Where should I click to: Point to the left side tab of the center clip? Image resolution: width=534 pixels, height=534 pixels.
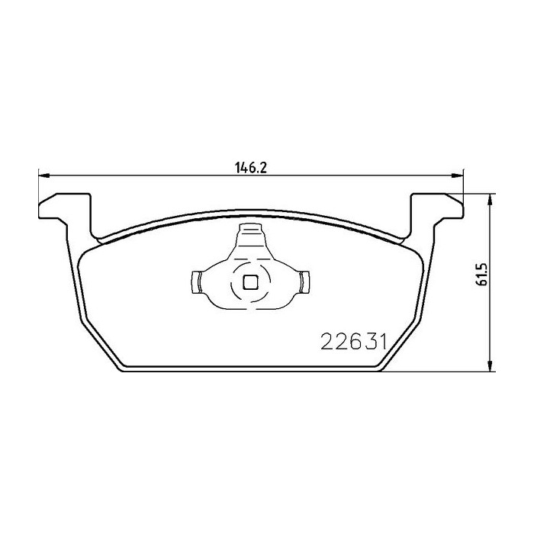click(x=195, y=282)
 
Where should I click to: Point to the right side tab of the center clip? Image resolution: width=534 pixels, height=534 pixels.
click(x=305, y=282)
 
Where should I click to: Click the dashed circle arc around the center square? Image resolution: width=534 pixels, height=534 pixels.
click(x=231, y=282)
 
